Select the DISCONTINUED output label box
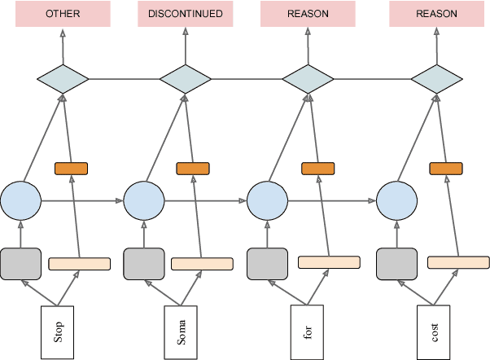[x=186, y=15]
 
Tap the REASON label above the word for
[x=308, y=15]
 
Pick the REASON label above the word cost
[x=436, y=15]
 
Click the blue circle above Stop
[x=20, y=200]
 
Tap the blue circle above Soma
[x=144, y=200]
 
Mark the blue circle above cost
[x=397, y=200]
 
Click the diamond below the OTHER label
[x=63, y=80]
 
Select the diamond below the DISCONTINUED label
[x=186, y=80]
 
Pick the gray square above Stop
[x=20, y=263]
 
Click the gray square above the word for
[x=268, y=263]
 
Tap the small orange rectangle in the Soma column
[x=194, y=169]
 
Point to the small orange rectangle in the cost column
[x=445, y=169]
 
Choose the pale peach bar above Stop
[x=80, y=264]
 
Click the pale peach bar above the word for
[x=329, y=262]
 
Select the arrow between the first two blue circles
[x=82, y=200]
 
